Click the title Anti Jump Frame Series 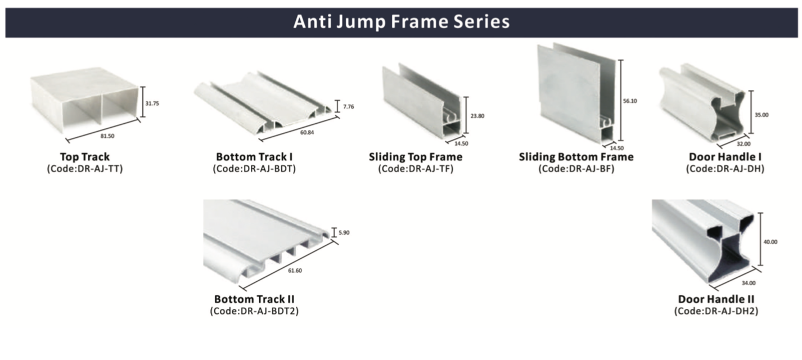[402, 21]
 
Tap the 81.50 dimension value [107, 136]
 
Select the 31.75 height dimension [152, 103]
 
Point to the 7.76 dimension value [348, 107]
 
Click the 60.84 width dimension [307, 133]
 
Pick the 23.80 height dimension [477, 116]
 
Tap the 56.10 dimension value [630, 101]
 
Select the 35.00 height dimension [762, 115]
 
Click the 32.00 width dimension [744, 144]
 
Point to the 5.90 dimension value [344, 233]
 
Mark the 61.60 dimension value [295, 271]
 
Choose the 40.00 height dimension [770, 242]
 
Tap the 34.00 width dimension [749, 283]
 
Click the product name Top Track [85, 157]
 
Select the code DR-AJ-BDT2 [269, 311]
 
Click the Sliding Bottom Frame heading [576, 157]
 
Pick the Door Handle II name [716, 299]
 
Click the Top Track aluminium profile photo [84, 100]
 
